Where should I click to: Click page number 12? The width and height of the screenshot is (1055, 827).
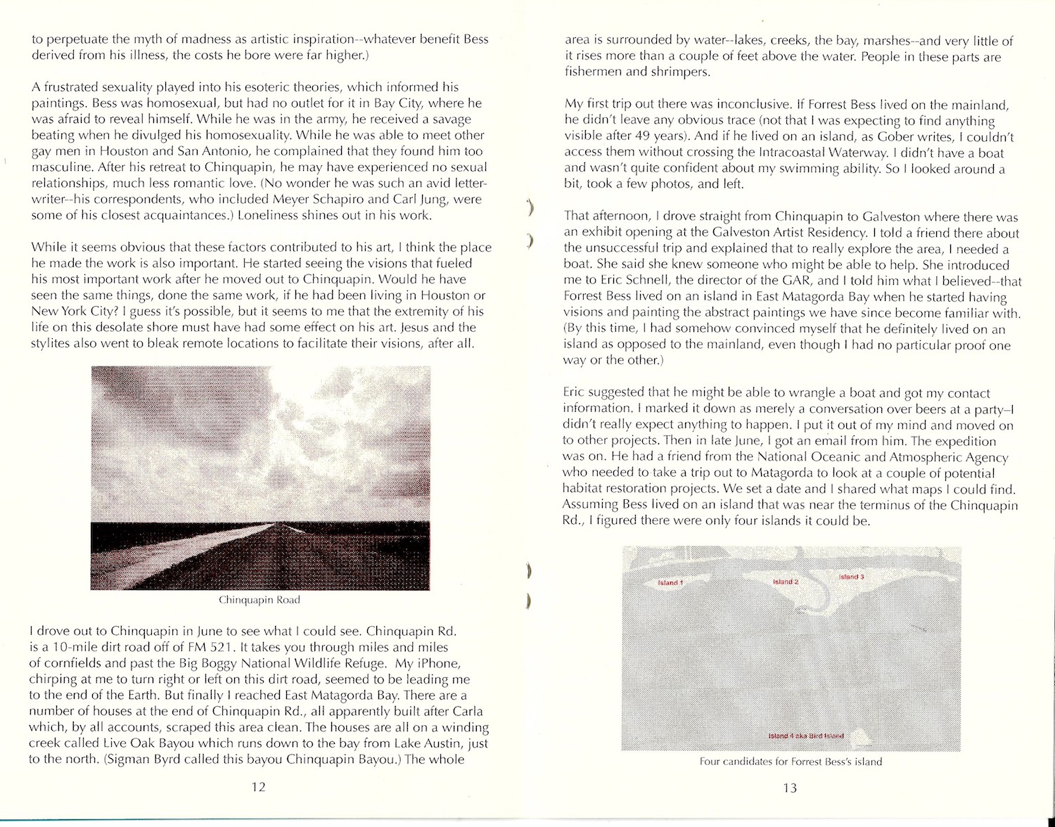(x=258, y=787)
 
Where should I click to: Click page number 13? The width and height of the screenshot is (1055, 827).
(x=789, y=788)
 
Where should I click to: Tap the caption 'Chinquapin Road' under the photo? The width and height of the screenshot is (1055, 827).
(x=259, y=600)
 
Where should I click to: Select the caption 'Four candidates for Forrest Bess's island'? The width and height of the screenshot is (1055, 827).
(x=791, y=762)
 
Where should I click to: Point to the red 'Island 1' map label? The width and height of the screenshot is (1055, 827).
(x=670, y=583)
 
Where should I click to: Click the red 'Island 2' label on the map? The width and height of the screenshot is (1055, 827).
(x=786, y=582)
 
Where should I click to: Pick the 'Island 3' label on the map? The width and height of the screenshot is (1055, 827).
(x=852, y=577)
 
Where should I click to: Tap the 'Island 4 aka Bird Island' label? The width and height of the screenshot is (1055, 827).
(x=805, y=736)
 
